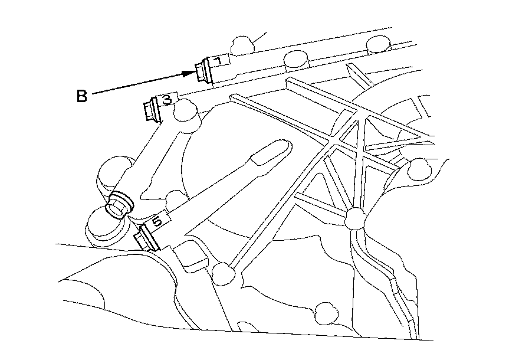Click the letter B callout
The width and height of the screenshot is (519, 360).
click(x=82, y=96)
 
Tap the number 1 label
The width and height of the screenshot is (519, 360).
click(x=218, y=61)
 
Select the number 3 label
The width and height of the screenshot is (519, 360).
click(x=166, y=100)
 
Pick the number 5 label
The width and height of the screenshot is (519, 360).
click(x=156, y=222)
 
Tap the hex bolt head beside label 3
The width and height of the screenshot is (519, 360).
click(x=150, y=110)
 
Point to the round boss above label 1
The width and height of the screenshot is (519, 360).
click(x=242, y=44)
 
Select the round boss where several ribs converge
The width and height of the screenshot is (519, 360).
click(x=355, y=217)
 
